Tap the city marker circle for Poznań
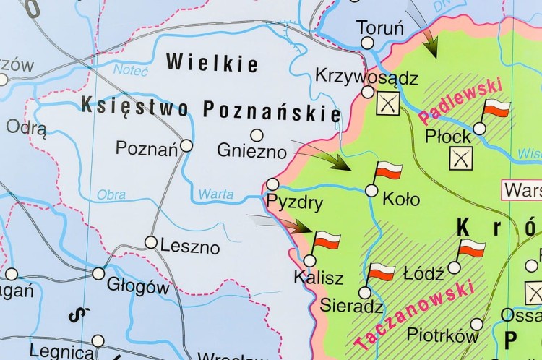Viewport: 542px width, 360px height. (186, 145)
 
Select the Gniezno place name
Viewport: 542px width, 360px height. (251, 150)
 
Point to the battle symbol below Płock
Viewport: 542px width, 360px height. (460, 158)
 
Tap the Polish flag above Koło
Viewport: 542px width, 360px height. (388, 172)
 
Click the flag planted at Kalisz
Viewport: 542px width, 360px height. (326, 241)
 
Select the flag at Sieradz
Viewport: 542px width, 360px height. (381, 272)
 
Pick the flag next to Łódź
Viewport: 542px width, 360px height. (471, 249)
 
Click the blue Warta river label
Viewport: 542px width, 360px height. (216, 194)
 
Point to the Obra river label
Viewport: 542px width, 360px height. (111, 194)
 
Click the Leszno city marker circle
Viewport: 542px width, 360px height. (151, 242)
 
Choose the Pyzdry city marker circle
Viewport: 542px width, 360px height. (272, 184)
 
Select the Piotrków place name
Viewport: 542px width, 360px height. (442, 335)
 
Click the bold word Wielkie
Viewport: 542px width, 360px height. (212, 63)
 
